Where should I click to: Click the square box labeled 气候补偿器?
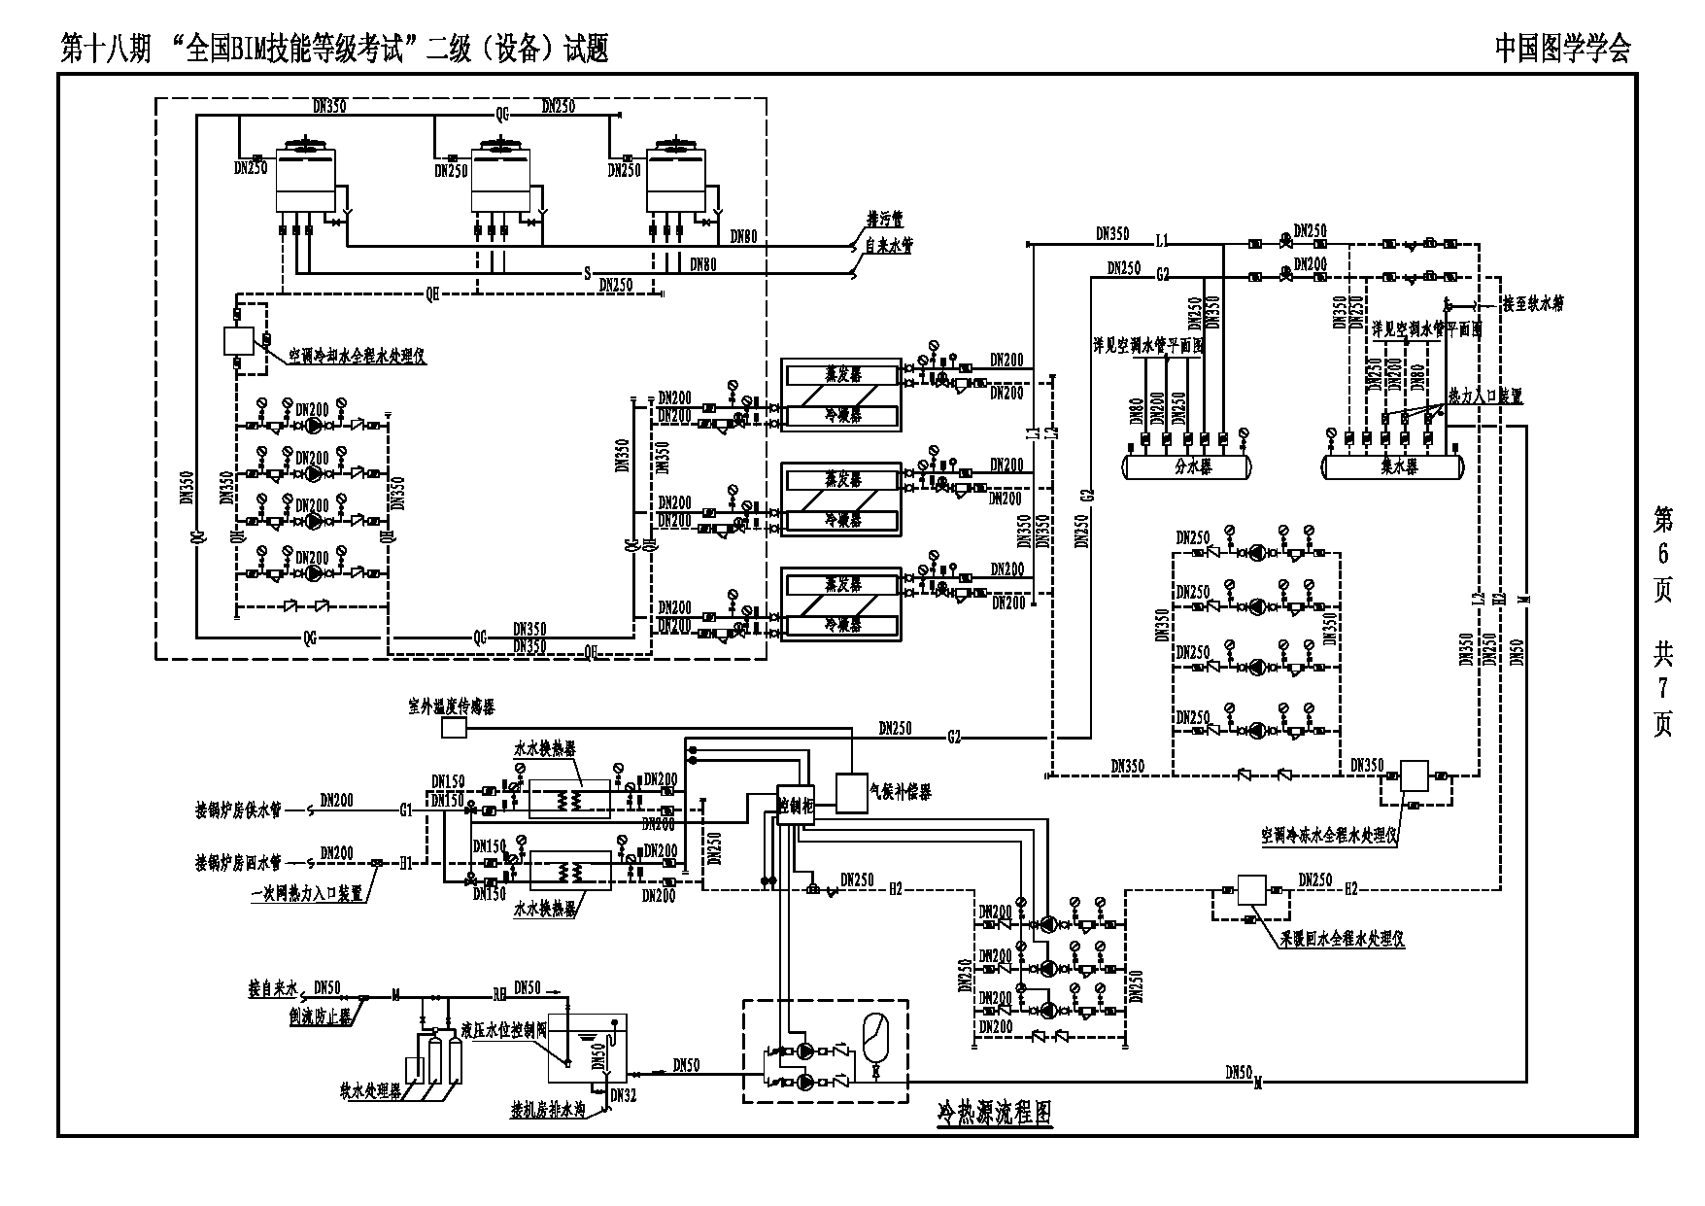(852, 792)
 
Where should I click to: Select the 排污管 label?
(885, 221)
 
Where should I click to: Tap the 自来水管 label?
(889, 247)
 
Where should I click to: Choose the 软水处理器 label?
(370, 1090)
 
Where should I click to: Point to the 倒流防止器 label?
(321, 1016)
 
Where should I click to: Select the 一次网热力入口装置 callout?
(306, 892)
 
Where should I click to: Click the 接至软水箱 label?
(1533, 303)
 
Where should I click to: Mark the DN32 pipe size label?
(624, 1093)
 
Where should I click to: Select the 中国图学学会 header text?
(1562, 49)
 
